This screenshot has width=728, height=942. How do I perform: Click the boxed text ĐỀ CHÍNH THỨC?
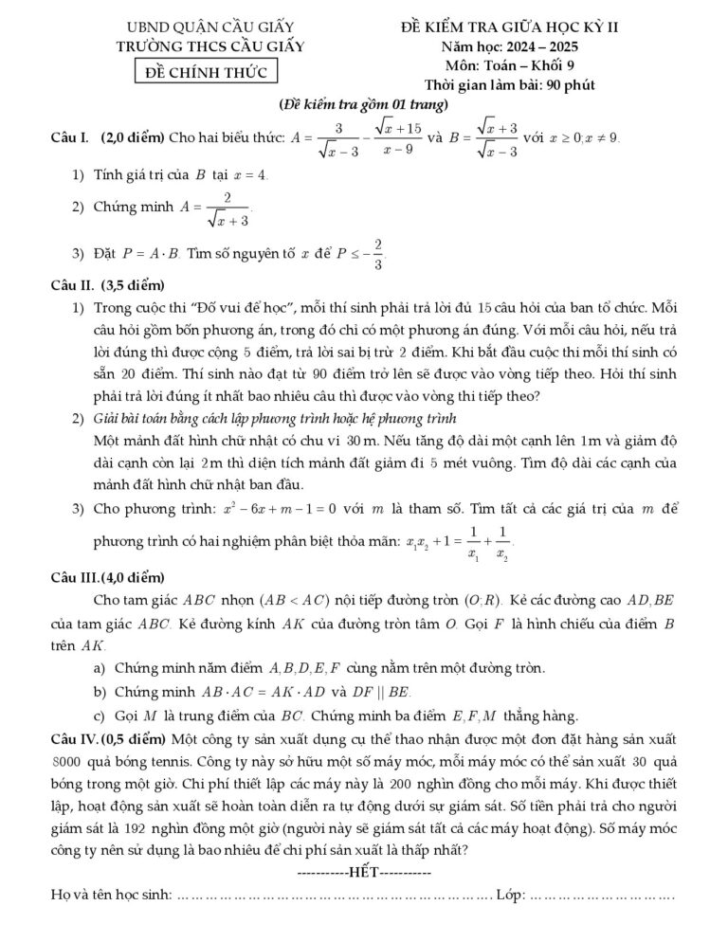click(205, 72)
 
